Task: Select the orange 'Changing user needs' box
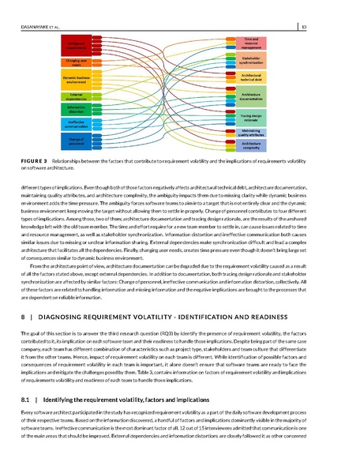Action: coord(77,62)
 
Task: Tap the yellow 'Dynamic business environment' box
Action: coord(77,80)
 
